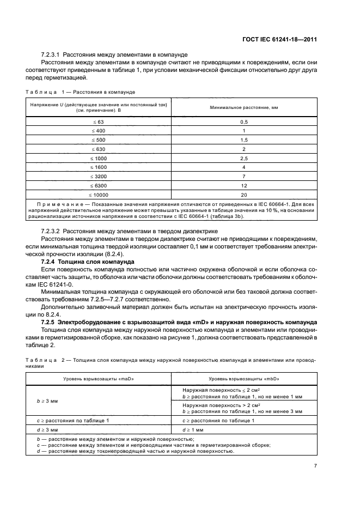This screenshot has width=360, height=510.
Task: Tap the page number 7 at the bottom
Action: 316,466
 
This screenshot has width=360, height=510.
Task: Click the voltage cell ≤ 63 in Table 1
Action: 99,122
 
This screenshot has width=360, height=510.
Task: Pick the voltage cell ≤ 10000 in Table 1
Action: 99,195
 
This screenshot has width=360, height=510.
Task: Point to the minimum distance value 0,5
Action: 244,122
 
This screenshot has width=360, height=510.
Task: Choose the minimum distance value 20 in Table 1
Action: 244,195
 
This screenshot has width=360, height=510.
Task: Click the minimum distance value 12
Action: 244,185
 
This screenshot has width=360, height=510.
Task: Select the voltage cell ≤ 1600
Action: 99,167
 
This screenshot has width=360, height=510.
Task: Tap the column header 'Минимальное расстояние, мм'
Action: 244,107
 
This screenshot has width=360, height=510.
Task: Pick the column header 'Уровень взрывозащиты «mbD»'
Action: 244,378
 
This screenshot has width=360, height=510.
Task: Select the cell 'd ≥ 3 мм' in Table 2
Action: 47,429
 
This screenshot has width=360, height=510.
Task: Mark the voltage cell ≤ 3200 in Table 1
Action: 99,177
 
